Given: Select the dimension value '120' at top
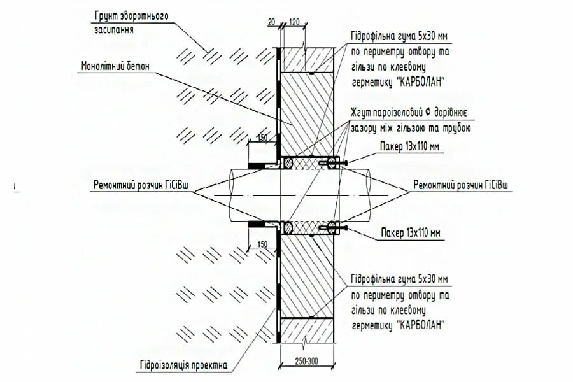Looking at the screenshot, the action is [x=294, y=23].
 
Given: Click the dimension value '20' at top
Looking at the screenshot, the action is [x=272, y=23].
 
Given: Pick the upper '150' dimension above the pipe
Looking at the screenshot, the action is [x=261, y=138].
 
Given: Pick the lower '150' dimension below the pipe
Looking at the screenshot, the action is [x=261, y=244].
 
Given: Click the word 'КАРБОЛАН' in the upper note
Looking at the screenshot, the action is [x=421, y=82].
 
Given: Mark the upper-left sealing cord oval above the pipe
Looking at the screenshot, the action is [x=288, y=164].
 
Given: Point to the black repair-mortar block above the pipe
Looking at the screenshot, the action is [x=256, y=166].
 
